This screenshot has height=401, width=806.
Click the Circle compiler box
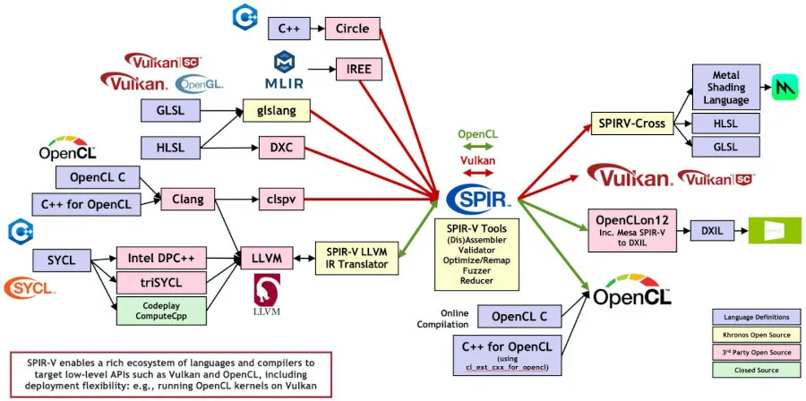pyautogui.click(x=352, y=29)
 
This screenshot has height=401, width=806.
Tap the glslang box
pyautogui.click(x=276, y=111)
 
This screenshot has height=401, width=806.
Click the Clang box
pyautogui.click(x=187, y=198)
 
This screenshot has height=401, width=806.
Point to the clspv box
pyautogui.click(x=276, y=198)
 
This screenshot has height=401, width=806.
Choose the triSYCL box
pyautogui.click(x=161, y=283)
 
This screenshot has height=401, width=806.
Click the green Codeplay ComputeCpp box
pyautogui.click(x=161, y=311)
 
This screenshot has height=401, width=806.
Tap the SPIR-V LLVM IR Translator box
pyautogui.click(x=354, y=257)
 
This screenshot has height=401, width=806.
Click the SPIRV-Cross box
pyautogui.click(x=633, y=124)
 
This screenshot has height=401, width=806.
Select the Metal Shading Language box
pyautogui.click(x=725, y=88)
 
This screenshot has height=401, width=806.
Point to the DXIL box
pyautogui.click(x=712, y=230)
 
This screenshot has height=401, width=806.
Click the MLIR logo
pyautogui.click(x=286, y=71)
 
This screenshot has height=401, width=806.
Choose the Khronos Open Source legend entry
pyautogui.click(x=750, y=335)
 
